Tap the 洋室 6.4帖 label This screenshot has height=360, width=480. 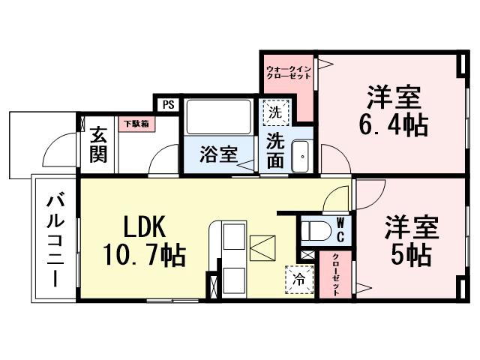393,111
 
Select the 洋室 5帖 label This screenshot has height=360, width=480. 409,241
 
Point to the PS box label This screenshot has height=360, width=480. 166,104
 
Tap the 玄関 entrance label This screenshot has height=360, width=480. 98,145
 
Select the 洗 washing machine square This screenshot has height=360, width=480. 274,114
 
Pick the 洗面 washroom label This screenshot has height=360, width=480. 274,151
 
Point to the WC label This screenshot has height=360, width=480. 340,231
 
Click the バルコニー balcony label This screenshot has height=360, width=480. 55,238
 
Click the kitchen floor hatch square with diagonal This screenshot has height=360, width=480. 263,248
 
